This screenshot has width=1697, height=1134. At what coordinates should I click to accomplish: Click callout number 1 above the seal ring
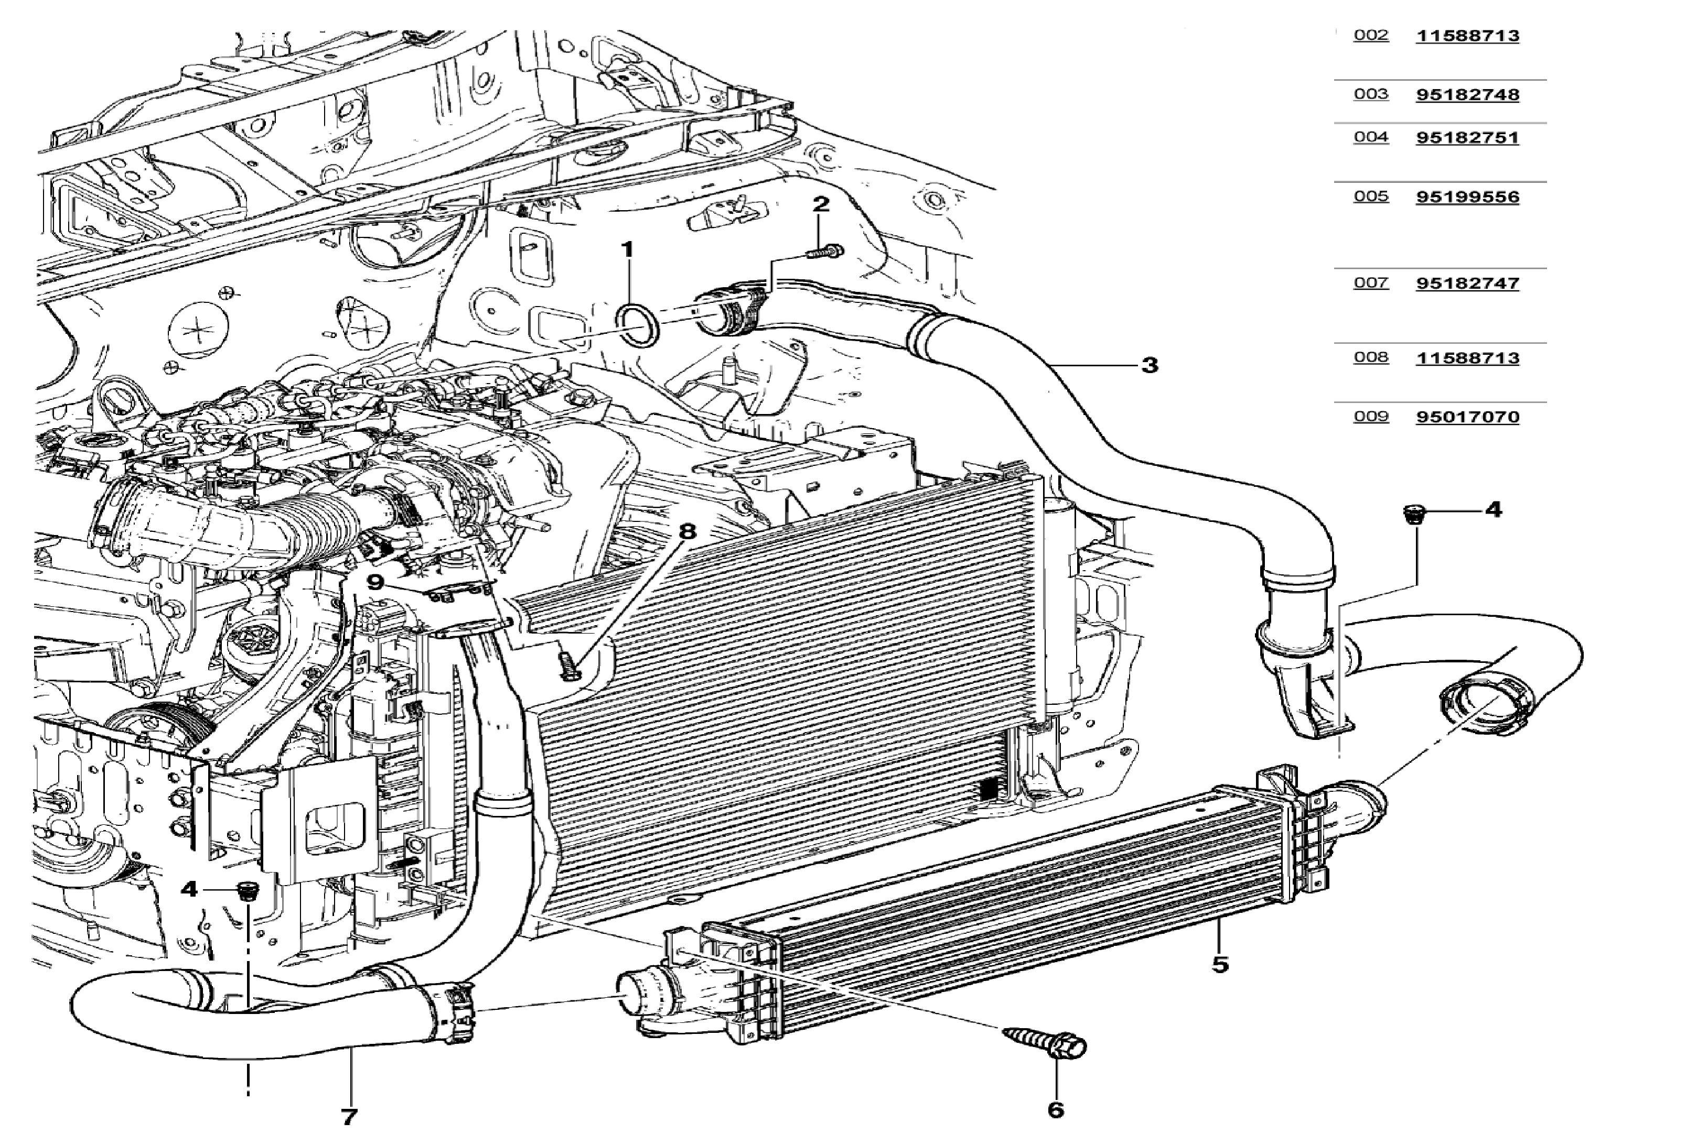point(627,249)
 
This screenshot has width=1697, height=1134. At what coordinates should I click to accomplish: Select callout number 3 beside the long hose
point(1149,365)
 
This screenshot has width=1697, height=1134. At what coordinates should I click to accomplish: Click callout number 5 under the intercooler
point(1220,964)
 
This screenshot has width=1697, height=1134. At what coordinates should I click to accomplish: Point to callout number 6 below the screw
point(1056,1109)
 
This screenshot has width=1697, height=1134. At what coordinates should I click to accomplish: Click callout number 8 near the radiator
point(687,531)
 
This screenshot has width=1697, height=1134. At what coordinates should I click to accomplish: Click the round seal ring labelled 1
point(638,325)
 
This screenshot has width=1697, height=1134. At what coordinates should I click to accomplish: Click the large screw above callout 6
point(1047,1041)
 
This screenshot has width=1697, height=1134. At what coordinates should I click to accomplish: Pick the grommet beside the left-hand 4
point(248,891)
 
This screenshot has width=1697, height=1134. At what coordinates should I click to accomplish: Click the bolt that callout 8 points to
point(569,666)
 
